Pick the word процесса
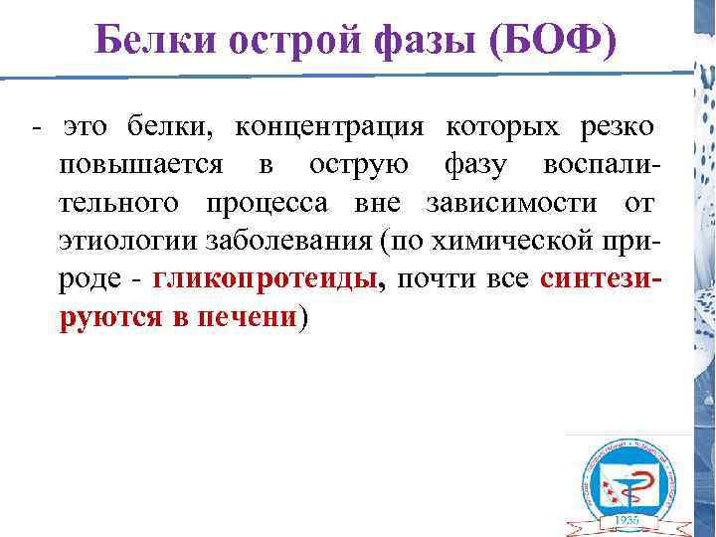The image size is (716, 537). click(272, 203)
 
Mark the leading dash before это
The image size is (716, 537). click(37, 129)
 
